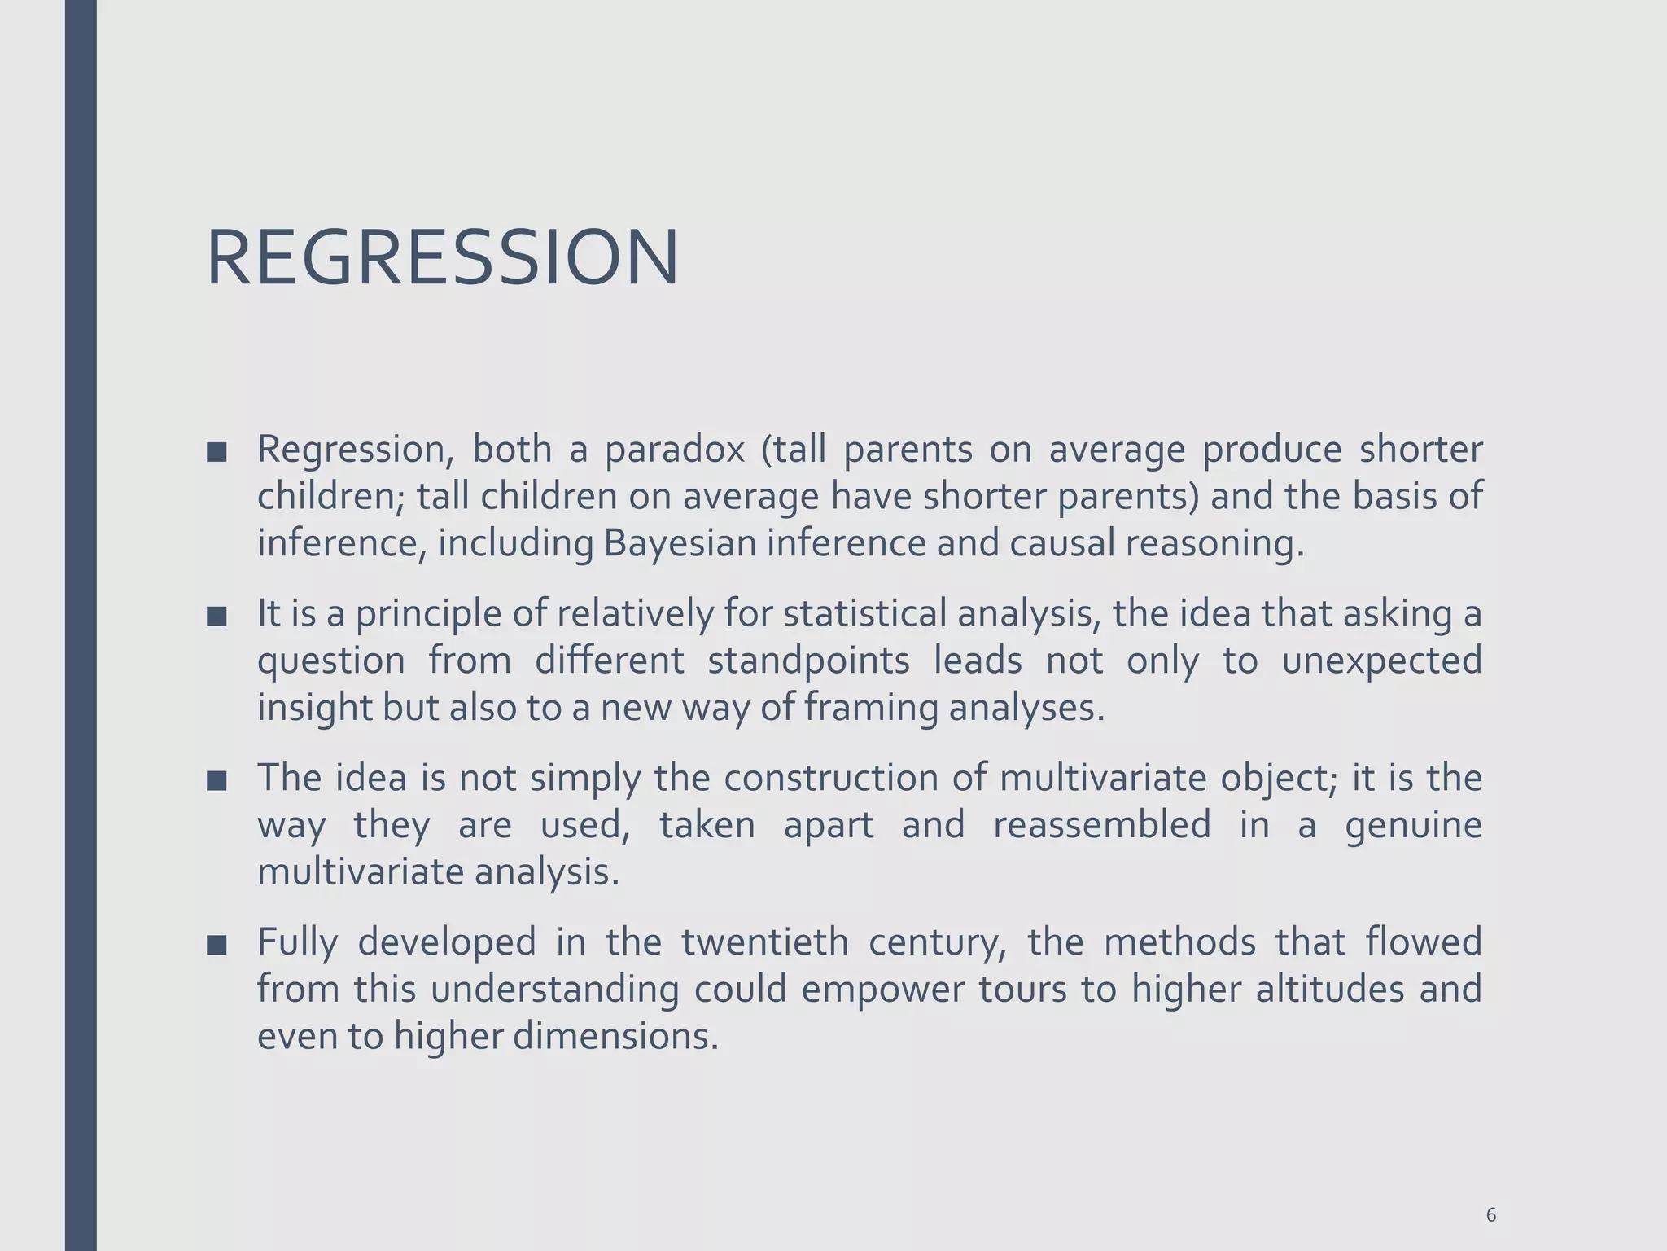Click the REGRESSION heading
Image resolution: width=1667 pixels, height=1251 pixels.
click(442, 258)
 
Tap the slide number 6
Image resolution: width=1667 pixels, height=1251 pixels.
click(1490, 1192)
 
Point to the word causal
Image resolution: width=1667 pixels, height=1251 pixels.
click(1062, 543)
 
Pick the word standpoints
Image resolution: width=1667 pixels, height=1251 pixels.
click(808, 660)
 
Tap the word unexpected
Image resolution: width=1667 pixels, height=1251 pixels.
click(1381, 660)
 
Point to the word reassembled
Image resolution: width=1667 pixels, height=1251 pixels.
click(1102, 825)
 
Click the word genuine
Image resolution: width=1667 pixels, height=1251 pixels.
click(1413, 825)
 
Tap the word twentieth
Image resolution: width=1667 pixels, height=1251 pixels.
click(764, 942)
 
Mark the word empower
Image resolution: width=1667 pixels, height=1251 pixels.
click(883, 990)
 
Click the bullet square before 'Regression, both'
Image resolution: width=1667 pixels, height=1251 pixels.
click(217, 453)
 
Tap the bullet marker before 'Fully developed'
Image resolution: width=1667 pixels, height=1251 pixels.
click(217, 946)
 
